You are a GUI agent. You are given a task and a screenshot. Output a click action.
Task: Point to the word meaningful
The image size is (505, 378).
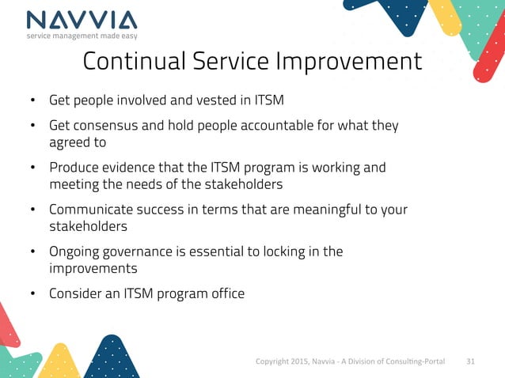[x=305, y=210]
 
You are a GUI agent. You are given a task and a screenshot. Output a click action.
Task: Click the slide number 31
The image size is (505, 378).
[x=471, y=361]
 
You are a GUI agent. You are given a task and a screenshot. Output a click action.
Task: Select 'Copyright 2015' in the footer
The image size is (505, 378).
[x=279, y=361]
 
